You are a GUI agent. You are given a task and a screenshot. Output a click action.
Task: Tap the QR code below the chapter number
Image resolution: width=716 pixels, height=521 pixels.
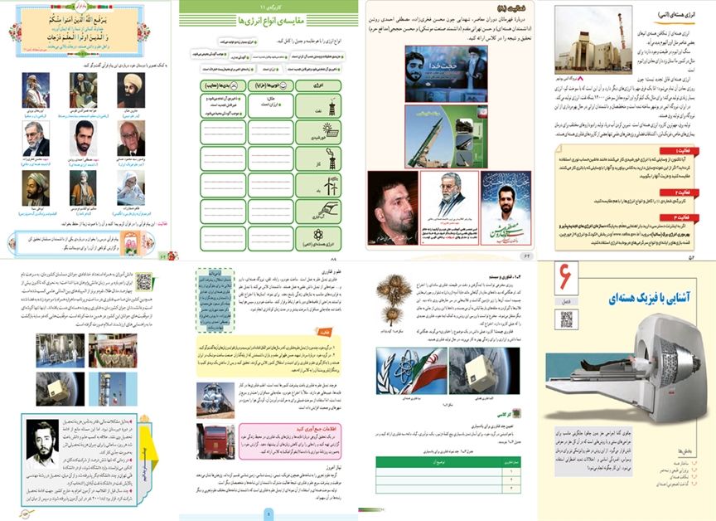567,320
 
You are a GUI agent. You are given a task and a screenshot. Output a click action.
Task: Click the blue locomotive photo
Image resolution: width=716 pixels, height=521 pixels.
215,394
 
